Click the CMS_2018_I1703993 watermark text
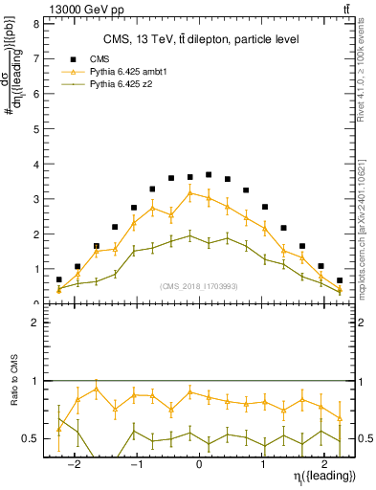pos(198,284)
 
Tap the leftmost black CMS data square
pos(59,279)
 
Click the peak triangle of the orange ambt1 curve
pos(190,193)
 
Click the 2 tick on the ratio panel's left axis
pos(34,323)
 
